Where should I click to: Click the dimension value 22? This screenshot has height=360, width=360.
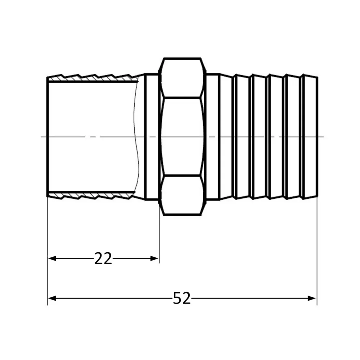coord(103,258)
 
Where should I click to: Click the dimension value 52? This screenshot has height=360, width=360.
coord(181,298)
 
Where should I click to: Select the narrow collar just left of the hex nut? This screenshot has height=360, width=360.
coord(152,137)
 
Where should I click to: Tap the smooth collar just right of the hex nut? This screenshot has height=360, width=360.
coord(213,137)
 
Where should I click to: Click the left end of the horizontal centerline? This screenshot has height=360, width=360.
coord(42,137)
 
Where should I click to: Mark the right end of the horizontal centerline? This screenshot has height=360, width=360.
coord(323,137)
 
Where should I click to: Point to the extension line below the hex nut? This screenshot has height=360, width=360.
coord(159,238)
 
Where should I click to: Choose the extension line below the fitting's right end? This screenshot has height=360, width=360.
coord(317,252)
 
